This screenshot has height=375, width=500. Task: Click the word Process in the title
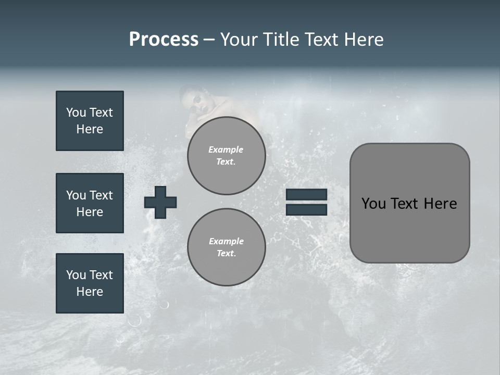point(164,40)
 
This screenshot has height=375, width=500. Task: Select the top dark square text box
point(90,121)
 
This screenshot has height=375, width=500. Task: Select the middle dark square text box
point(90,203)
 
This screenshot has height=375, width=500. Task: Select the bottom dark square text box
point(90,283)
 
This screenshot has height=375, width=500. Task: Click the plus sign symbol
point(160,202)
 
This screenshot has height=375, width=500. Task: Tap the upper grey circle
point(226,156)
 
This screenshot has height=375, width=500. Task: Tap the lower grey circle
point(226,247)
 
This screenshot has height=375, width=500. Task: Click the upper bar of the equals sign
point(306,194)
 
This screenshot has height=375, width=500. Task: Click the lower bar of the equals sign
point(306,209)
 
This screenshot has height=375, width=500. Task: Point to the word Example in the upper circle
point(226,149)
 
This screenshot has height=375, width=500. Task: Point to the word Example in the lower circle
point(226,241)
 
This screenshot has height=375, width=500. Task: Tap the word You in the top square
point(76,113)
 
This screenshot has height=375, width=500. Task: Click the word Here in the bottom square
point(90,292)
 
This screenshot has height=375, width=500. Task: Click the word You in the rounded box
point(373,204)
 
